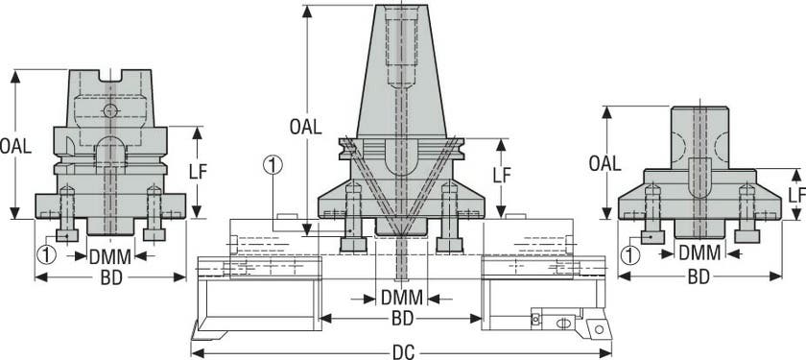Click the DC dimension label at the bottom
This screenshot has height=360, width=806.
(404, 353)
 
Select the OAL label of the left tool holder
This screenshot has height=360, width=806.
(15, 146)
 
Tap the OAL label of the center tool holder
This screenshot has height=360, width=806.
(306, 127)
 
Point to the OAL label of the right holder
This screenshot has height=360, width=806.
(605, 163)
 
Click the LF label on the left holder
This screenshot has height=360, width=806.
(198, 172)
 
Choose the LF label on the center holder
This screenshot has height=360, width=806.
(502, 176)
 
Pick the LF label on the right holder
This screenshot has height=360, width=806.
(796, 194)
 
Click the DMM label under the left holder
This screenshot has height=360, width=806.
(110, 256)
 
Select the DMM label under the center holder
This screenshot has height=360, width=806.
(402, 298)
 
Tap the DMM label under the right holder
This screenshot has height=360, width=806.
(699, 253)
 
